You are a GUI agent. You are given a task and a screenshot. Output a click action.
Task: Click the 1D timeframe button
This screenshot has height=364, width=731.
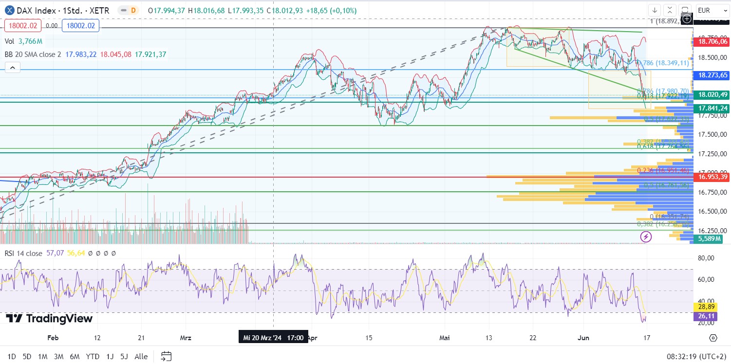tap(12, 357)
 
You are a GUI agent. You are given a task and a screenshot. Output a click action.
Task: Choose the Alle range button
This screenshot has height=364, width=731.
tap(141, 357)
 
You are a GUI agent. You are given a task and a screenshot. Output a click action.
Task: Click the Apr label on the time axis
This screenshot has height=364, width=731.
tap(312, 338)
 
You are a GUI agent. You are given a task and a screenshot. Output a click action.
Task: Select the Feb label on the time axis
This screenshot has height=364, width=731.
tap(53, 338)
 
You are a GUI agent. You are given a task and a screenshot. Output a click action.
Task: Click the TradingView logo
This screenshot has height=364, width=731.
tap(49, 319)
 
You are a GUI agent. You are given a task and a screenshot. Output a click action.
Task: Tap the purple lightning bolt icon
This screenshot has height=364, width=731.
tap(646, 237)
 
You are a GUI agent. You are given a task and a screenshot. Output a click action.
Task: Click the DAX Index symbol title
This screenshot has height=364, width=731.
tap(39, 10)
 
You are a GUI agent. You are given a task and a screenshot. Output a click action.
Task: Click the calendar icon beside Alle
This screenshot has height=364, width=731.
tap(166, 356)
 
